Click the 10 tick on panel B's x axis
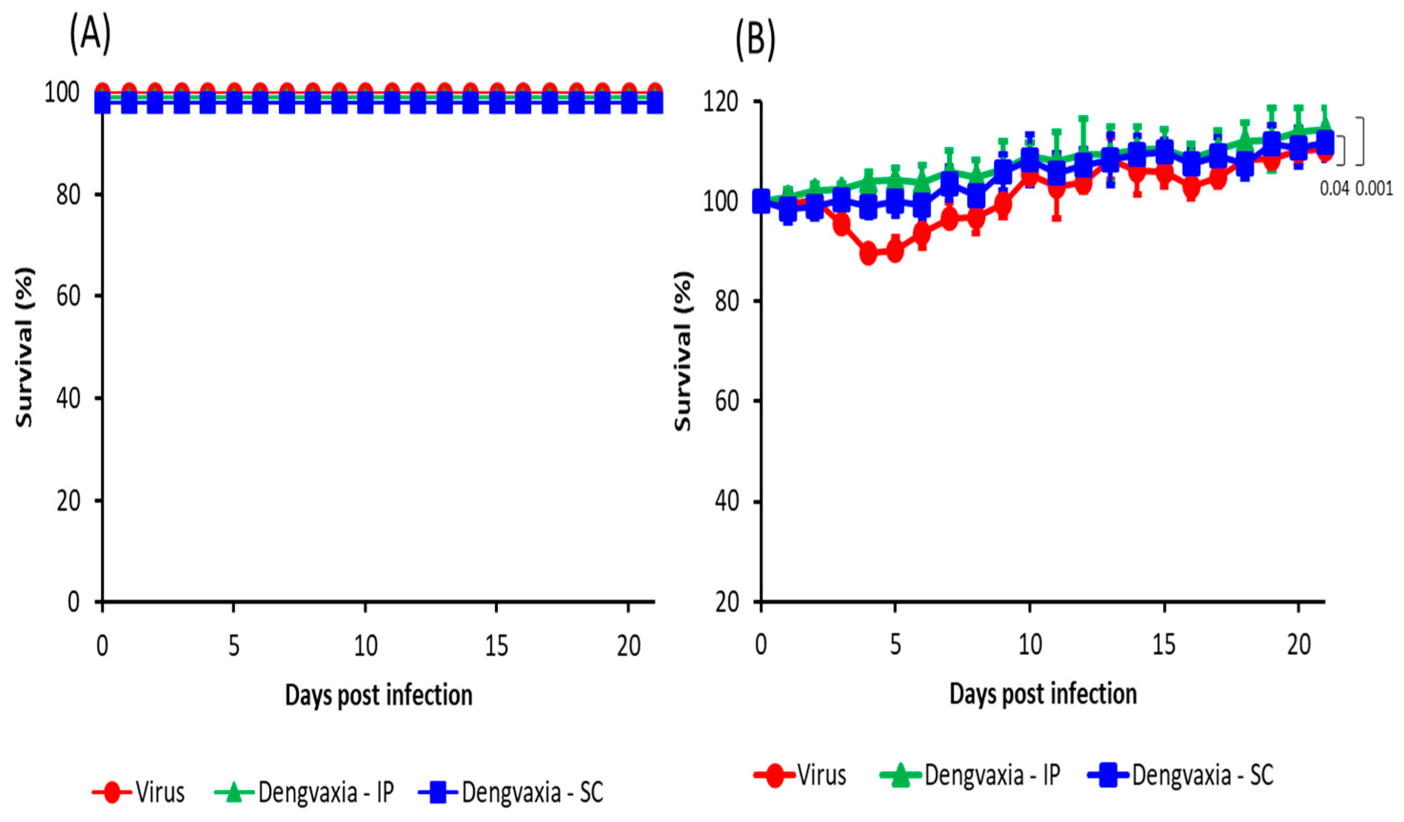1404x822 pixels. (x=1029, y=645)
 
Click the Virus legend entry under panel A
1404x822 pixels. (x=139, y=792)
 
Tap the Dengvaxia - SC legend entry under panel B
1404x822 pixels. (x=1181, y=775)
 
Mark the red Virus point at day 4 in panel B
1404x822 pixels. (x=868, y=254)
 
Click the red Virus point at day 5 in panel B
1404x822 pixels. (x=895, y=252)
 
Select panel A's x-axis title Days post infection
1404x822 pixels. (x=378, y=695)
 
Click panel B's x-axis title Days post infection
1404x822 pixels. (x=1043, y=694)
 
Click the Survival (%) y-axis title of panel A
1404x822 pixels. (x=23, y=348)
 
